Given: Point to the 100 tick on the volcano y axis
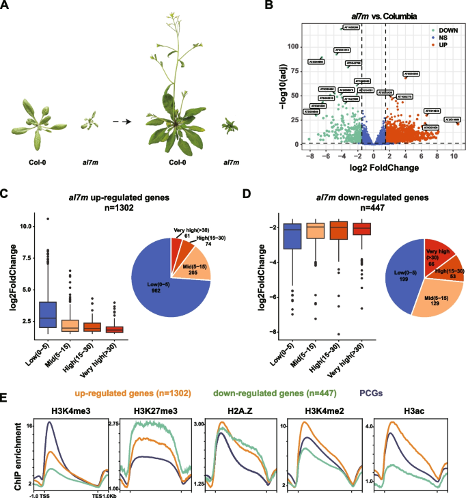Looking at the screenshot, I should click(x=295, y=46).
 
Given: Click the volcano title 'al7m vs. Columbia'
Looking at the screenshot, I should click(x=377, y=16).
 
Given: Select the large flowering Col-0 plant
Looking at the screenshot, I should click(x=177, y=89).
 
